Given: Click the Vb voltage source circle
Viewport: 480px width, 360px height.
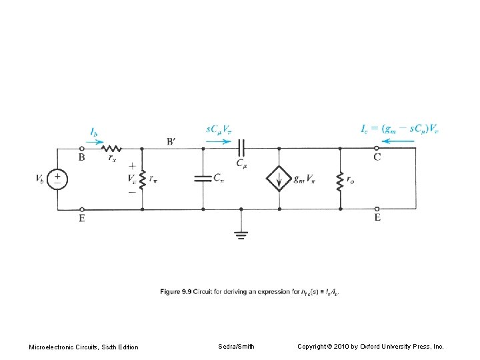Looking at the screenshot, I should click(x=58, y=179).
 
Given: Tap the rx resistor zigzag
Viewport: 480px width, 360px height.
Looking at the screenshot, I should click(x=111, y=149).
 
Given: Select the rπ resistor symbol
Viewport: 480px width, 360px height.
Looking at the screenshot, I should click(x=143, y=179).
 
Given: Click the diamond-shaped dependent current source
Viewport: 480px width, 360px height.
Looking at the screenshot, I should click(x=279, y=179).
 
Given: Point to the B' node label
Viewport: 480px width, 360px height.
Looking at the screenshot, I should click(x=172, y=141).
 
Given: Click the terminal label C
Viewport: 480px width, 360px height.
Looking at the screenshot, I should click(x=377, y=158).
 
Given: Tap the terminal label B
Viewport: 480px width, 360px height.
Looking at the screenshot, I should click(x=81, y=158).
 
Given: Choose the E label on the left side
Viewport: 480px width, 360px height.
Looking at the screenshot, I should click(x=81, y=218).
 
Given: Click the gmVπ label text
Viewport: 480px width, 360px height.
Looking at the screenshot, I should click(x=305, y=179).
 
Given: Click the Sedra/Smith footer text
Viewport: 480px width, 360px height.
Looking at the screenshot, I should click(x=236, y=346).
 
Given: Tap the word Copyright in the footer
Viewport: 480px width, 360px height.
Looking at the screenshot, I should click(x=314, y=346).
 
